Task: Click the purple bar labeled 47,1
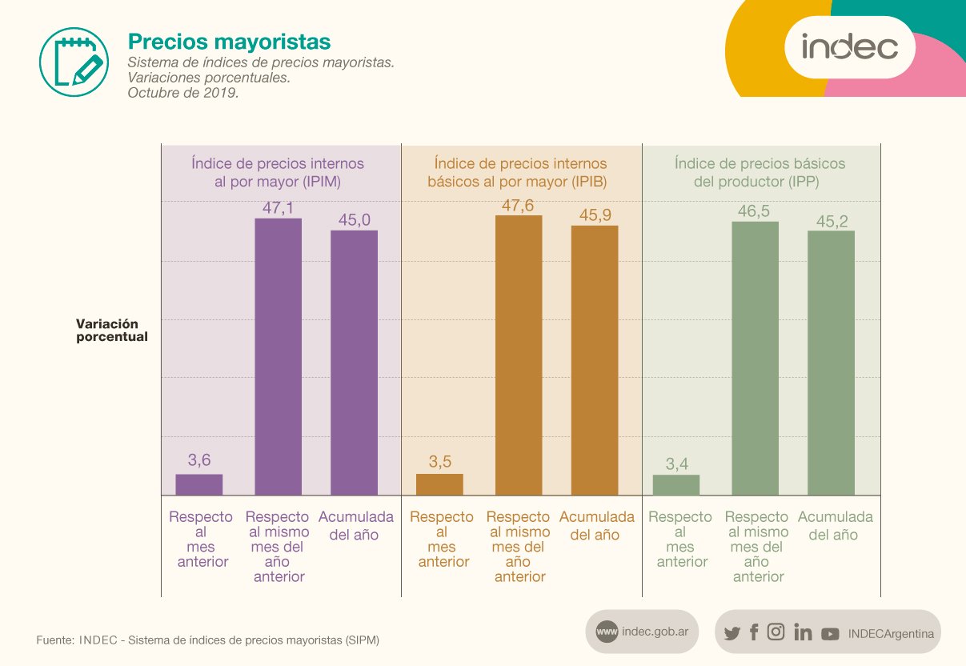tap(278, 356)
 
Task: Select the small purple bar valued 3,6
tap(199, 484)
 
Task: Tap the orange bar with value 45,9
tap(595, 360)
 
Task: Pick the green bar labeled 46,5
tap(756, 358)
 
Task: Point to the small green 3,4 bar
tap(676, 485)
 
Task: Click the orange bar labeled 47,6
tap(519, 355)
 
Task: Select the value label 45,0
tap(355, 220)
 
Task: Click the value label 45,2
tap(832, 221)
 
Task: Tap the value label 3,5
tap(439, 462)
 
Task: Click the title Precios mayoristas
tap(229, 41)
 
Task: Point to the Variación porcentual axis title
tap(112, 331)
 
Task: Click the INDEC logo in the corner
tap(849, 46)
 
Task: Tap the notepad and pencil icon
tap(73, 58)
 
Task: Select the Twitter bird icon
tap(732, 633)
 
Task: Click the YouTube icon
tap(830, 633)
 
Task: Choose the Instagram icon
tap(776, 632)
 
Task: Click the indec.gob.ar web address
tap(659, 632)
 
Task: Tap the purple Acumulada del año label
tap(356, 525)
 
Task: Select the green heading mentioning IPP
tap(760, 172)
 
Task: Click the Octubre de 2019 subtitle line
tap(183, 93)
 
